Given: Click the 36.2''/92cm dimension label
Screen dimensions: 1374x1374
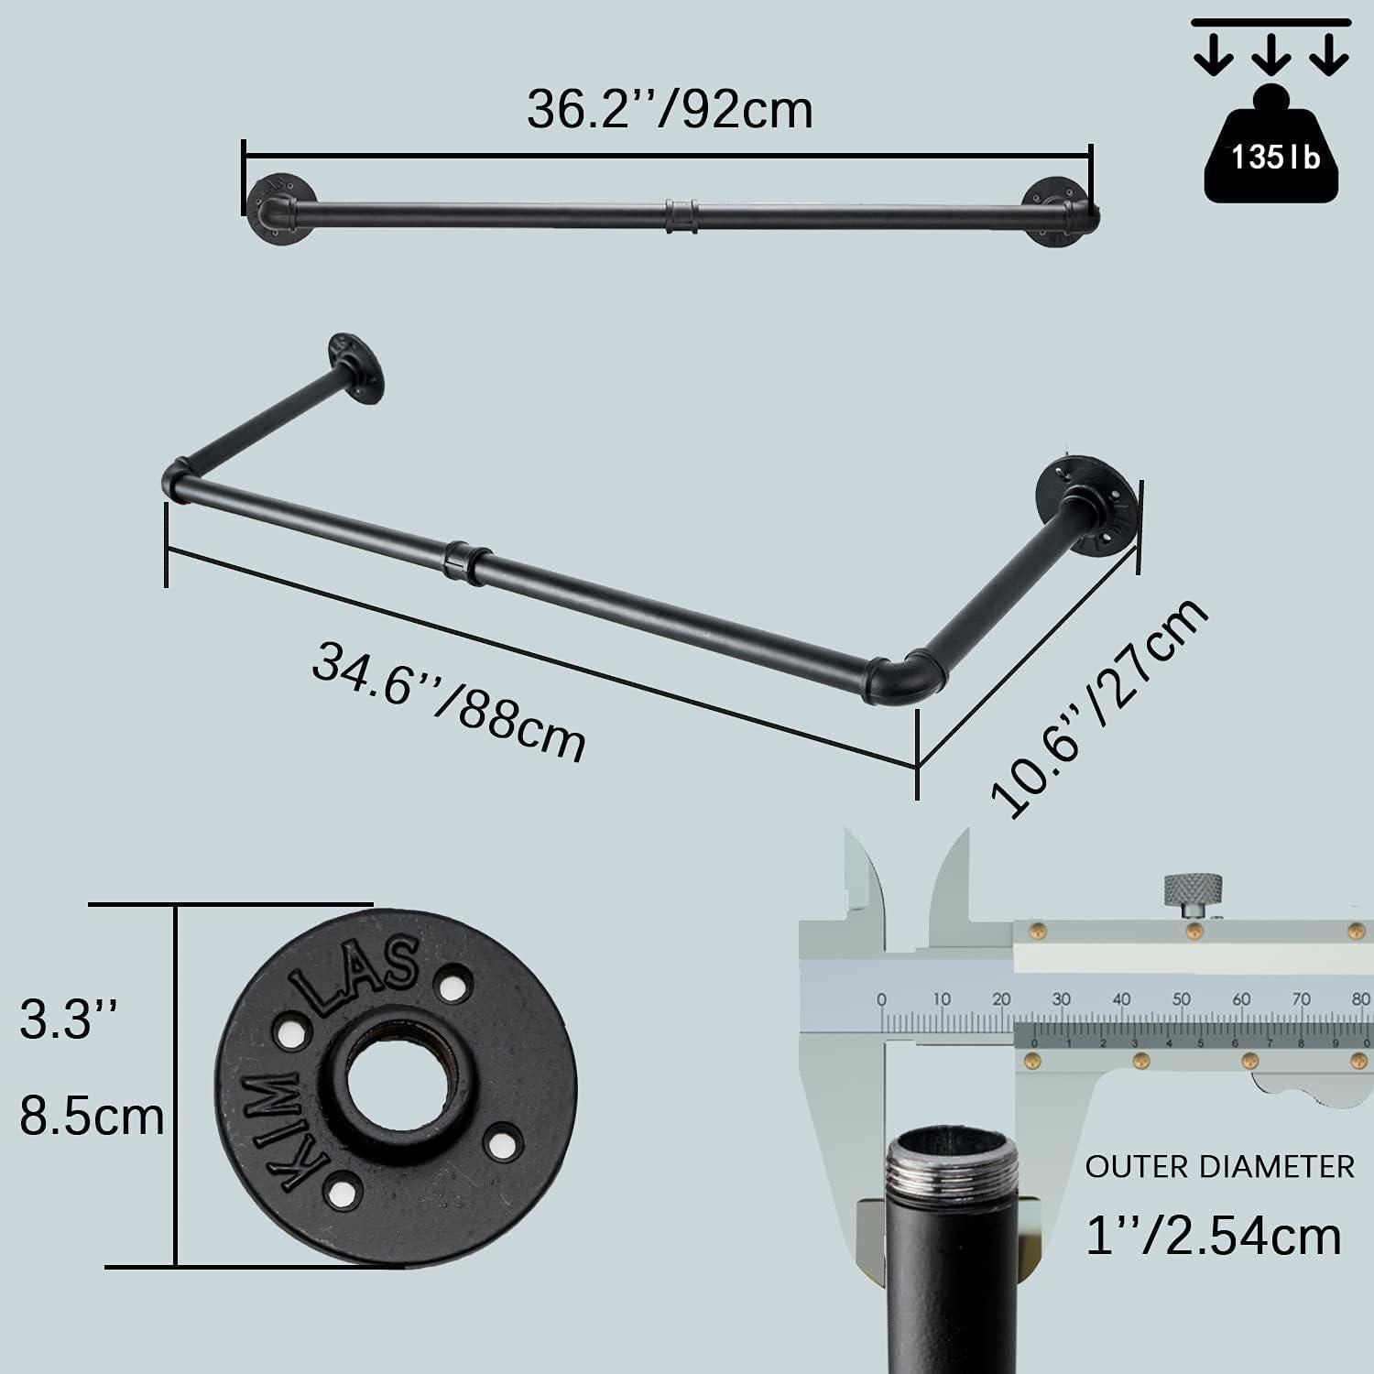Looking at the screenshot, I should click(x=669, y=110).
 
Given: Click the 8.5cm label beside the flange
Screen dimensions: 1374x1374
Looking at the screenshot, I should click(x=92, y=1118).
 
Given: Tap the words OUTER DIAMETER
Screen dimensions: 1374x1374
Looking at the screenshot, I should click(x=1219, y=1167).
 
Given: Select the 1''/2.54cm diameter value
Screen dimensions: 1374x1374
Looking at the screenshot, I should click(x=1213, y=1235).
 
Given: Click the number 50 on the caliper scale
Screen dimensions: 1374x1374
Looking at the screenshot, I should click(x=1182, y=999).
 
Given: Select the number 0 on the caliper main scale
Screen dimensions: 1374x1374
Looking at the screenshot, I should click(x=881, y=999).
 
